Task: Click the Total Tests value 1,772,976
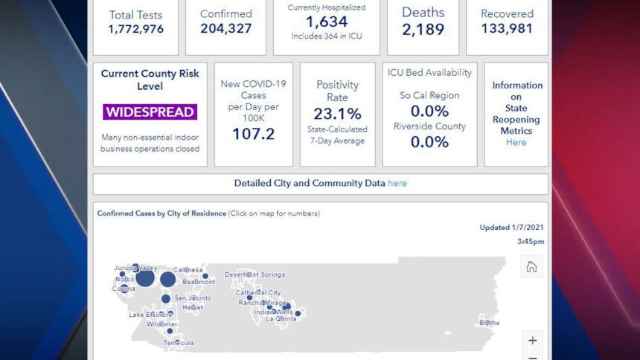[x=135, y=29]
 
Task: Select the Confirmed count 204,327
[x=225, y=29]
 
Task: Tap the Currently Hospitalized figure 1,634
[x=326, y=22]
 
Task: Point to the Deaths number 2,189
[x=423, y=29]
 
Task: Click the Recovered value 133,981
[x=507, y=29]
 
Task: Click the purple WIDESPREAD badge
[x=150, y=112]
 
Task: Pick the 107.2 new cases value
[x=253, y=134]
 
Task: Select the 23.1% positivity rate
[x=337, y=114]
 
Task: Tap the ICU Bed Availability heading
[x=429, y=73]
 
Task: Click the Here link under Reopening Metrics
[x=516, y=142]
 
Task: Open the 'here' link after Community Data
[x=397, y=183]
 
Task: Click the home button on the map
[x=531, y=267]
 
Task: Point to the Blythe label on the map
[x=490, y=323]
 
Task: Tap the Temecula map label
[x=179, y=343]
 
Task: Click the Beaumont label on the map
[x=199, y=283]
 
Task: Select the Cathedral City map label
[x=258, y=293]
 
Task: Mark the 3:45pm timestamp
[x=531, y=242]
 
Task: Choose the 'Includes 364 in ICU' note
[x=326, y=36]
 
